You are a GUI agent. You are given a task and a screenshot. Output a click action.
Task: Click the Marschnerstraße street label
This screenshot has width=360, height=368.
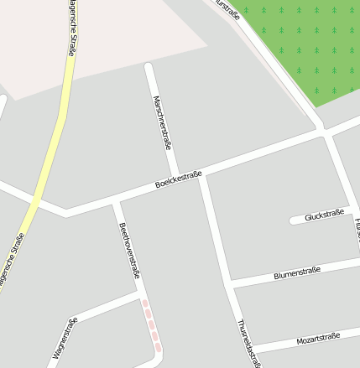[162, 122]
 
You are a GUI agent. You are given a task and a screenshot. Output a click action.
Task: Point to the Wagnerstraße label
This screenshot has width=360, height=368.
[65, 338]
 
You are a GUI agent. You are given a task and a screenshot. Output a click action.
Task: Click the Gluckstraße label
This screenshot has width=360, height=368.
[325, 215]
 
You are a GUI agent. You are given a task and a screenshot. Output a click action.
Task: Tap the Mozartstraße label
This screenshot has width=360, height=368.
[318, 339]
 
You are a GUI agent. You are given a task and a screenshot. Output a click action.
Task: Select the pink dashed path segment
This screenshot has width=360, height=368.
[151, 325]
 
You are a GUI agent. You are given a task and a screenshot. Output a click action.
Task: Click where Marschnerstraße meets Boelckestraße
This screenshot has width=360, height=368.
[201, 175]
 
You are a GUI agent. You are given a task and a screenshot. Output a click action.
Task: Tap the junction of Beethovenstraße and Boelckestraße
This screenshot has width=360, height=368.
[116, 202]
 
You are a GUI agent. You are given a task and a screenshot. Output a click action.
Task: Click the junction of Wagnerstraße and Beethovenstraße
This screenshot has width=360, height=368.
[139, 294]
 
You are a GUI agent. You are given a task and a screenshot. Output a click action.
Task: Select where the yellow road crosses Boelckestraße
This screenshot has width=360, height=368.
[34, 201]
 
